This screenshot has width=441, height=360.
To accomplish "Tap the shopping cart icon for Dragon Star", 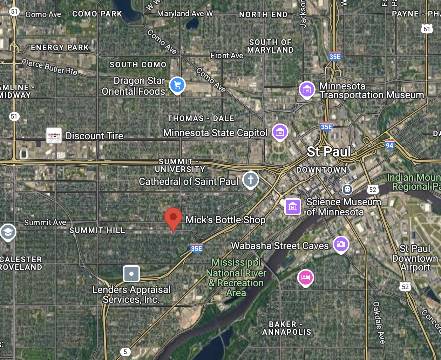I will click(x=177, y=85).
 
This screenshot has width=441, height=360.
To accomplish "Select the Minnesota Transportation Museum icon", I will click(x=307, y=89).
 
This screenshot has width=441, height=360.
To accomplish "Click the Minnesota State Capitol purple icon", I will click(x=280, y=132).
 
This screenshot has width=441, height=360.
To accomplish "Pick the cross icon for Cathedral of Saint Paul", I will click(x=250, y=180).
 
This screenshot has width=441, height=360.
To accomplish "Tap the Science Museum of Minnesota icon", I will click(x=293, y=207).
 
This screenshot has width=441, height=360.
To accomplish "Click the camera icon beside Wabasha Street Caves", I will click(x=341, y=244).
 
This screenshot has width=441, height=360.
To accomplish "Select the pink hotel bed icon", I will click(x=306, y=278).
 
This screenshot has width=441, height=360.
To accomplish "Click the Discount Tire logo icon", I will click(x=54, y=135).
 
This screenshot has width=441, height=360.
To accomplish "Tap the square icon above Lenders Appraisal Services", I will click(x=131, y=274).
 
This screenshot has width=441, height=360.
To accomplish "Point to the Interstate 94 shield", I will click(x=389, y=145).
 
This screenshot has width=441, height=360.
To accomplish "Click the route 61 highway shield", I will click(x=427, y=29).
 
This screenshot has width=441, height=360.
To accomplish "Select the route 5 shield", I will click(x=125, y=352).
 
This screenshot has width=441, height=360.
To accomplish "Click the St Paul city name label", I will click(x=328, y=152).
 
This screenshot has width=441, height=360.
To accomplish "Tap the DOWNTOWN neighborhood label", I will click(x=321, y=170).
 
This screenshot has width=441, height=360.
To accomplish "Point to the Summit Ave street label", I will click(x=45, y=222).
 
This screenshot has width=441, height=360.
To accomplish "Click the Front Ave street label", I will click(x=226, y=56).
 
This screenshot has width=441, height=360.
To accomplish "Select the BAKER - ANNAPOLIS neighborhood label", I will click(x=286, y=328).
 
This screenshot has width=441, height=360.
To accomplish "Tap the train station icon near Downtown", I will click(x=347, y=189).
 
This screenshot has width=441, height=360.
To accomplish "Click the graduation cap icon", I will click(x=8, y=232).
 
